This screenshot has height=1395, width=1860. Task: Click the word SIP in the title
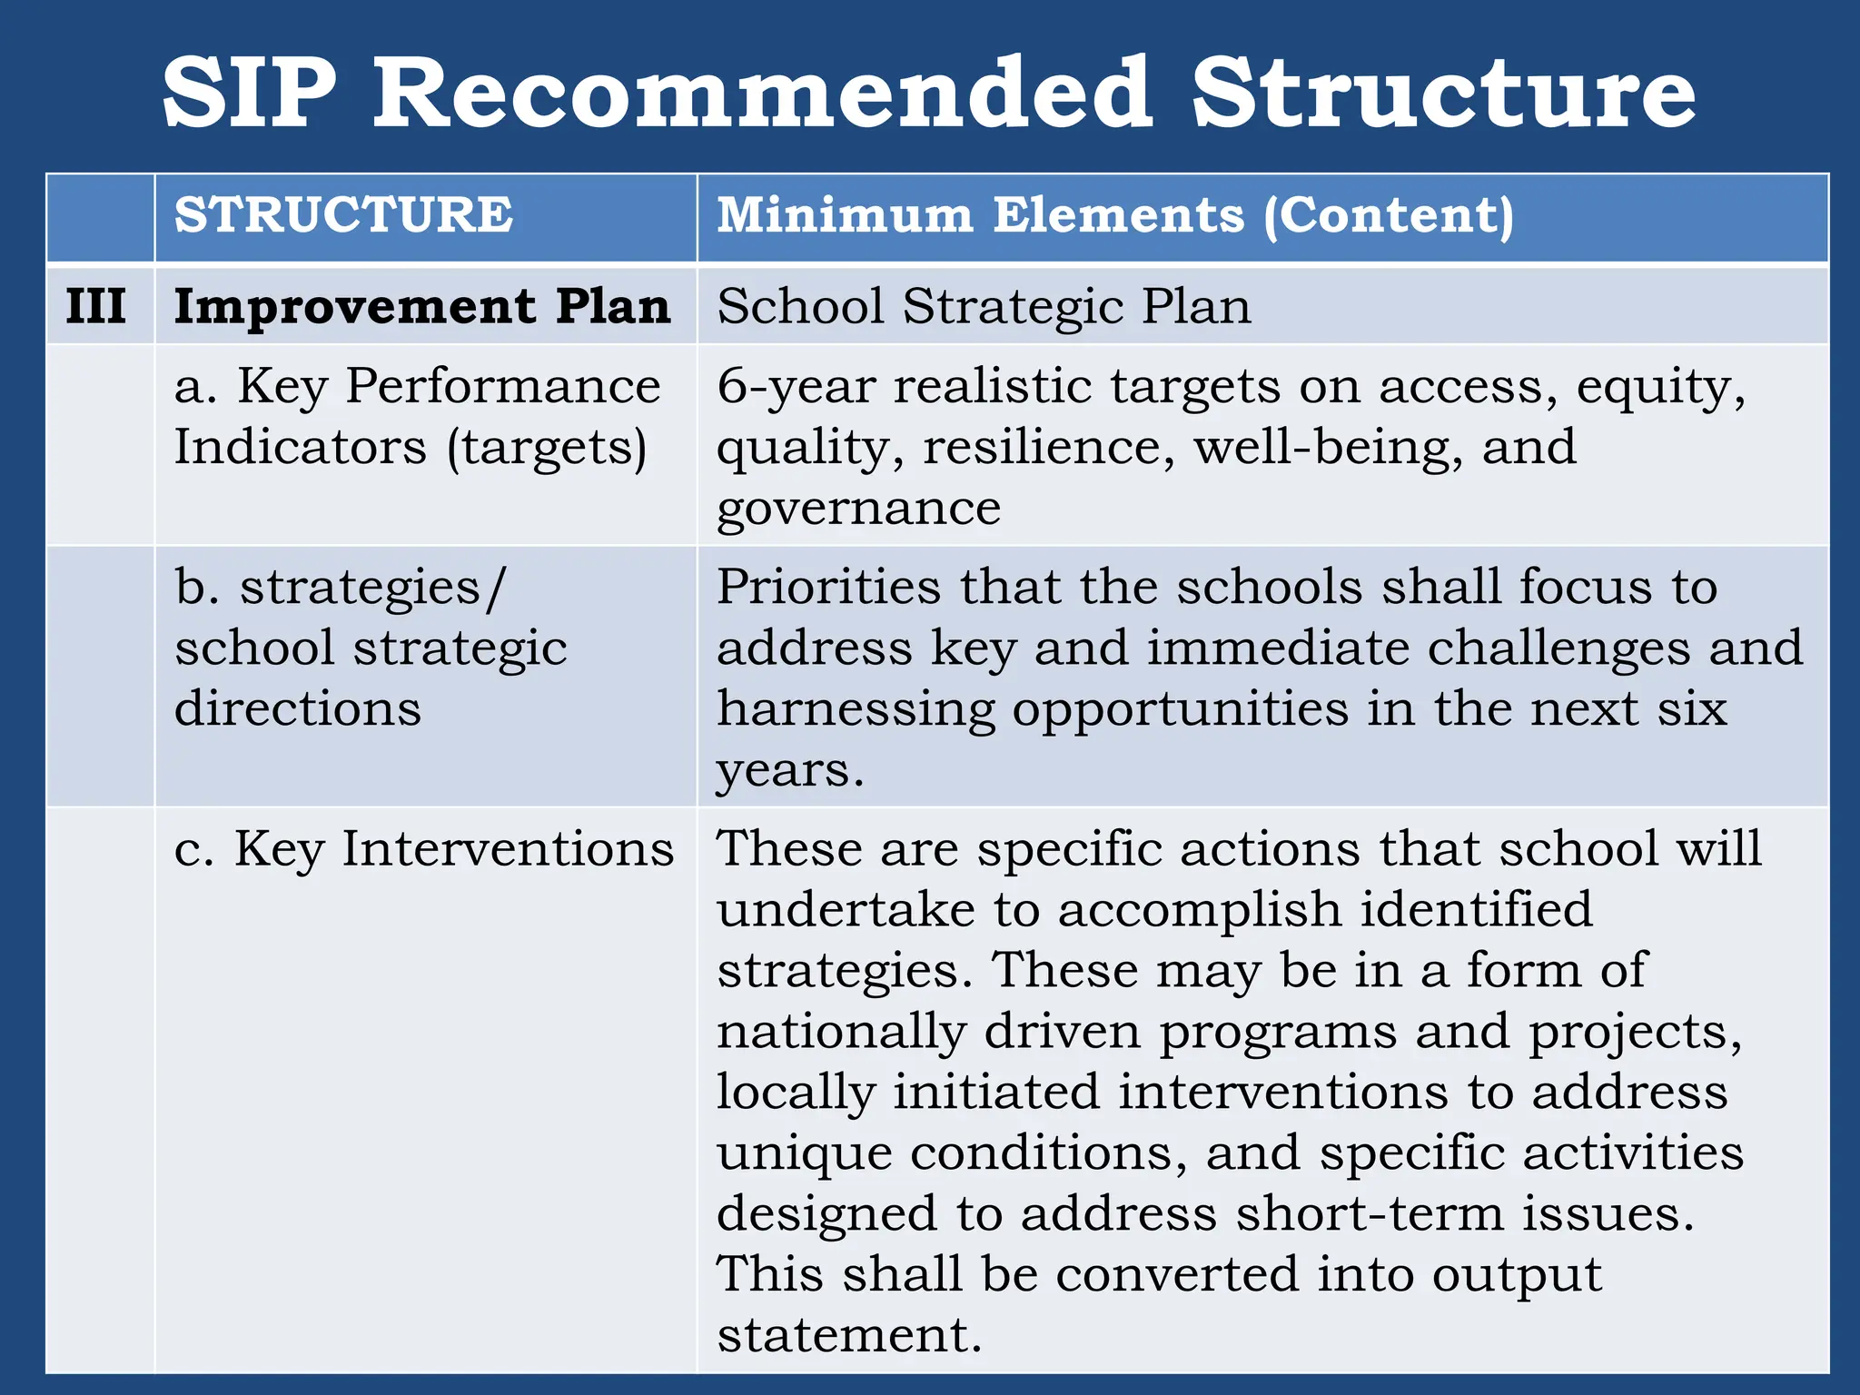pos(250,94)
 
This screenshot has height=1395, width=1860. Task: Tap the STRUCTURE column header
pos(343,216)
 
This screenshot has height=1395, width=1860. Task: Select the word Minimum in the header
pos(845,216)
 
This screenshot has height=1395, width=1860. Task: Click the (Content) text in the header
pos(1389,216)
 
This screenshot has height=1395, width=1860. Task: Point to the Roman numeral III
pos(95,306)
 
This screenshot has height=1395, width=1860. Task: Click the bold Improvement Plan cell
pos(422,306)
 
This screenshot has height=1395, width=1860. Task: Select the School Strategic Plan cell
pos(984,306)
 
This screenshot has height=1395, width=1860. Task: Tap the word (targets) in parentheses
pos(547,448)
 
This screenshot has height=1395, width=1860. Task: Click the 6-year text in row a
pos(796,387)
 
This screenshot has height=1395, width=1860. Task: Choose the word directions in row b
pos(298,708)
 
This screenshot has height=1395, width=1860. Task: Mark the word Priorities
pos(828,587)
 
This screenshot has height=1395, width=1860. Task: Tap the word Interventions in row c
pos(508,849)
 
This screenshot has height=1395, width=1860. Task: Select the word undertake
pos(846,910)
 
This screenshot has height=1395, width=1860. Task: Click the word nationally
pos(841,1032)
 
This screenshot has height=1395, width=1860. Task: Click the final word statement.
pos(849,1336)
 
